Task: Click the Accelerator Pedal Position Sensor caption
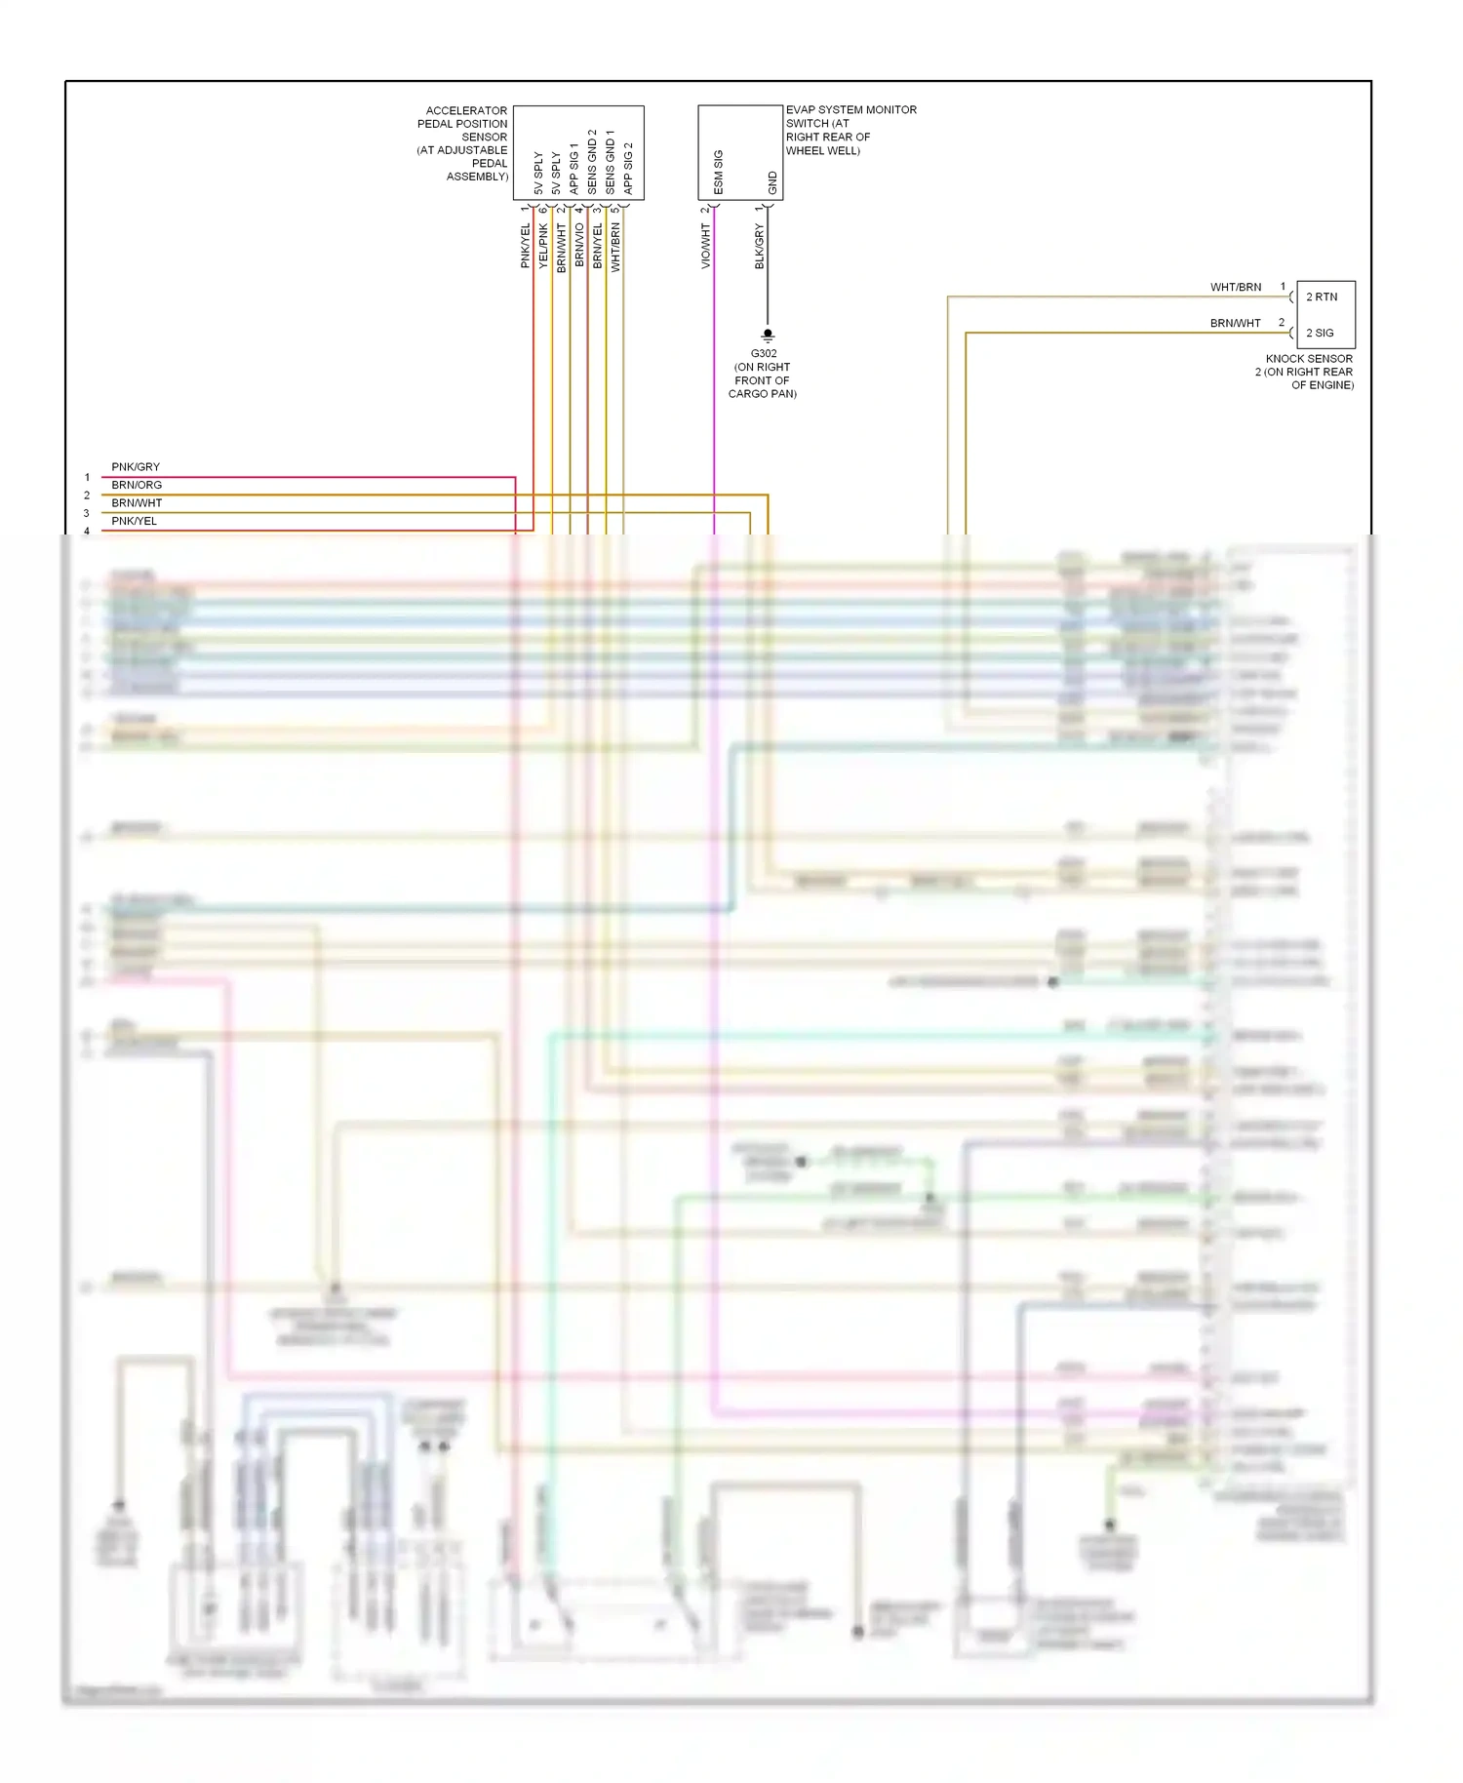(463, 143)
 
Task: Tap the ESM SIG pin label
(719, 172)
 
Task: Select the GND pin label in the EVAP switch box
(772, 182)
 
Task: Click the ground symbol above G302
(768, 335)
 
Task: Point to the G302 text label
(764, 354)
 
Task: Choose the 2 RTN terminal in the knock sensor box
(1322, 297)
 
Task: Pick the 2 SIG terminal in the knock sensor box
(1320, 333)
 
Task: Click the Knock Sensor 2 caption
(1306, 372)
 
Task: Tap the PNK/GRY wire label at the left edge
(136, 467)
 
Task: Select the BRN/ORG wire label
(137, 485)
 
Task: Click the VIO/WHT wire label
(706, 246)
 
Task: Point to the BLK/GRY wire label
(760, 246)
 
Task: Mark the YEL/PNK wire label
(543, 246)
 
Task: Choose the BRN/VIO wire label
(579, 246)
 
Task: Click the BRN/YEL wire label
(598, 246)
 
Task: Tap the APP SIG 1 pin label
(573, 168)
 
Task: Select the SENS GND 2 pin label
(592, 161)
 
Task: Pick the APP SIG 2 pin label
(628, 168)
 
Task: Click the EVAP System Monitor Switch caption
(850, 130)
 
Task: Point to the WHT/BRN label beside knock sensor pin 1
(1236, 288)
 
